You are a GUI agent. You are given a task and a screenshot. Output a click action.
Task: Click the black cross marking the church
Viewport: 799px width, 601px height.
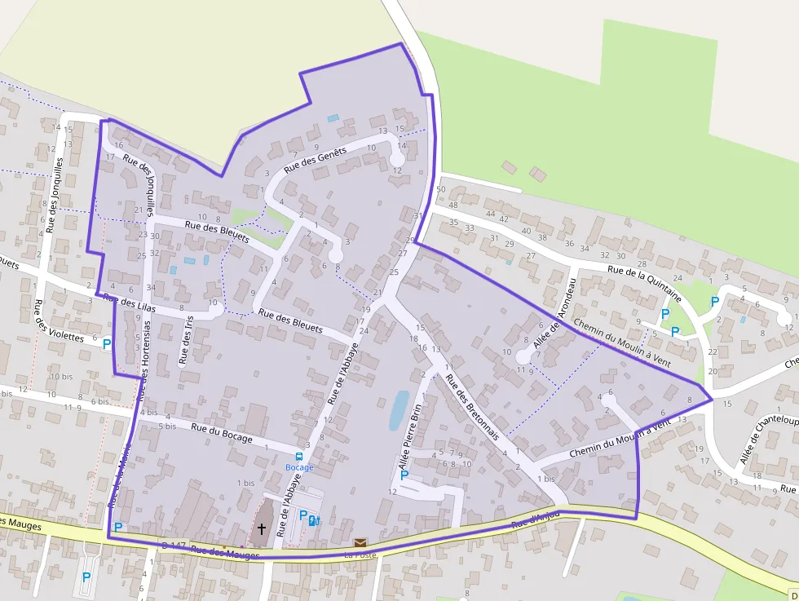click(262, 529)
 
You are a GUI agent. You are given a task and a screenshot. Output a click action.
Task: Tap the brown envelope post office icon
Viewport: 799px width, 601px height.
click(360, 542)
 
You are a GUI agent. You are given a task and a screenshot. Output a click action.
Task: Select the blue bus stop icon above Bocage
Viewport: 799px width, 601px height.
click(299, 457)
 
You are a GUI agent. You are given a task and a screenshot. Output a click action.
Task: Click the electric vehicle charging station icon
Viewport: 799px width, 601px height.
click(316, 519)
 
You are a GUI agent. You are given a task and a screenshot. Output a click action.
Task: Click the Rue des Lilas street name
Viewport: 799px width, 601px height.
click(130, 302)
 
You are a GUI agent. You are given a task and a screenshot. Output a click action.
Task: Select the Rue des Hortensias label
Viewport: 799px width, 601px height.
click(145, 360)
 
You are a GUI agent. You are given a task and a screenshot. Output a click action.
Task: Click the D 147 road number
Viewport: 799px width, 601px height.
click(174, 545)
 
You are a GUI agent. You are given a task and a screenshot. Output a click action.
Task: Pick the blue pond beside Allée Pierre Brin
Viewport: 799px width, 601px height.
click(399, 409)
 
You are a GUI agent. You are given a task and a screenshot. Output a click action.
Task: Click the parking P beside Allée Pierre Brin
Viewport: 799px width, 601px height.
click(404, 475)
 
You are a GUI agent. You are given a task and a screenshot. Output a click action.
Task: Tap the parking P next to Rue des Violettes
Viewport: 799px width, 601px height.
click(107, 344)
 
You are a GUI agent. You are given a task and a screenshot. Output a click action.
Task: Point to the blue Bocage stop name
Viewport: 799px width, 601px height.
click(299, 467)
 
